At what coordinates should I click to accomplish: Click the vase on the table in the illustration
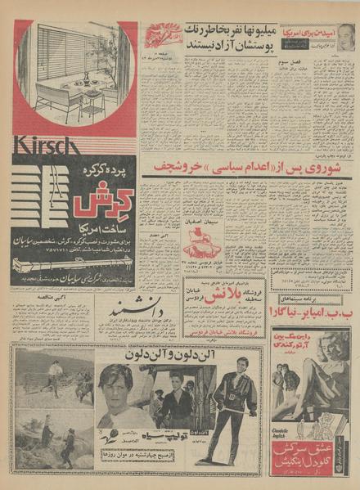(x=85, y=79)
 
